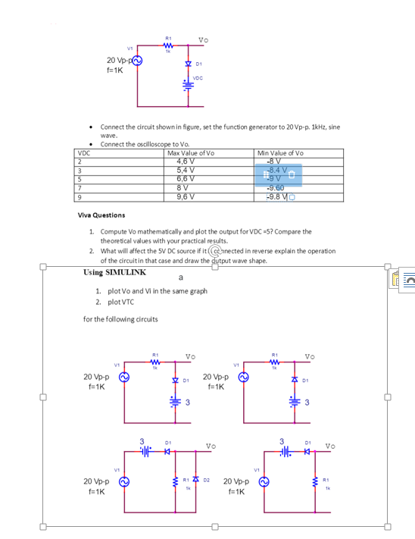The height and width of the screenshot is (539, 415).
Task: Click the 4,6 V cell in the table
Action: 186,160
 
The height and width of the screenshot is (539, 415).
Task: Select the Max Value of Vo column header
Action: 191,152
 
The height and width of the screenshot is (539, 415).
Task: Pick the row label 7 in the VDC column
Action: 77,187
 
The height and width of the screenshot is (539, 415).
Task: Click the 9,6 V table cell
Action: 186,196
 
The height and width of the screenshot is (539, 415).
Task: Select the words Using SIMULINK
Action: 114,271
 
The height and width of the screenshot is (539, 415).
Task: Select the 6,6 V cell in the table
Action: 186,178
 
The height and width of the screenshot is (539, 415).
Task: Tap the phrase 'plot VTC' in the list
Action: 122,301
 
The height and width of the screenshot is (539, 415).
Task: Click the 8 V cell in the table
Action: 186,187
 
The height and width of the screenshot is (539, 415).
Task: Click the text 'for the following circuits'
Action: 120,318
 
